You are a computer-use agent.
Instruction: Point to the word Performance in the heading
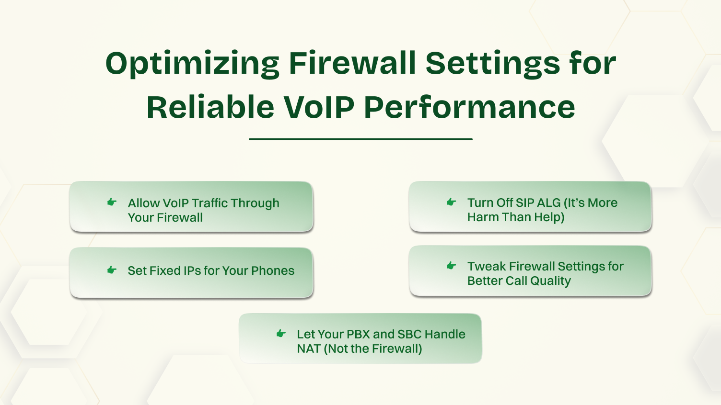469,107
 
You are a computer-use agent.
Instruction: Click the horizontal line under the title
360,139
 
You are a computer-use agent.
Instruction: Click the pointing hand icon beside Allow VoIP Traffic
112,202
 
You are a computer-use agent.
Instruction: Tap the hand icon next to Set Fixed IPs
112,270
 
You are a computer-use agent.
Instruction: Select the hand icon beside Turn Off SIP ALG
451,202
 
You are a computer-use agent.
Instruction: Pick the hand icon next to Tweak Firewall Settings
451,266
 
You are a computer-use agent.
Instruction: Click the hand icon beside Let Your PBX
281,334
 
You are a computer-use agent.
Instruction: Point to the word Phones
272,270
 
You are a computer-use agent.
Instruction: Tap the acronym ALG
549,202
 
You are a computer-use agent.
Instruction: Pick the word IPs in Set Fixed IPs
192,270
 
